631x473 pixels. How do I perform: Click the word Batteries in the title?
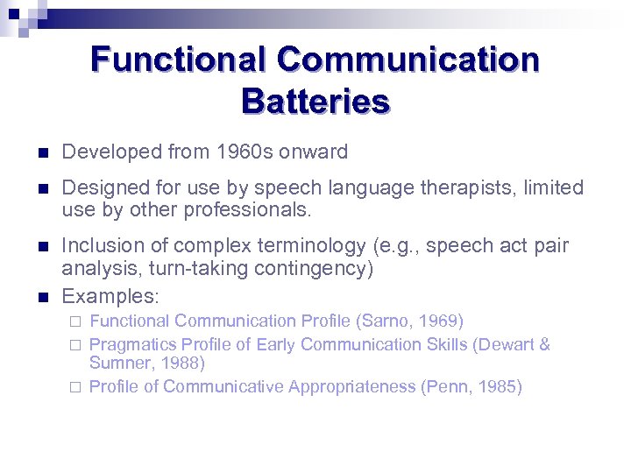(x=315, y=102)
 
